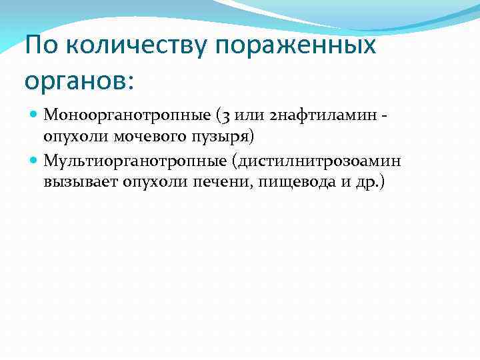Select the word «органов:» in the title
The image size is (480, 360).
point(79,81)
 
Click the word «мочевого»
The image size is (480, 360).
point(156,137)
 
